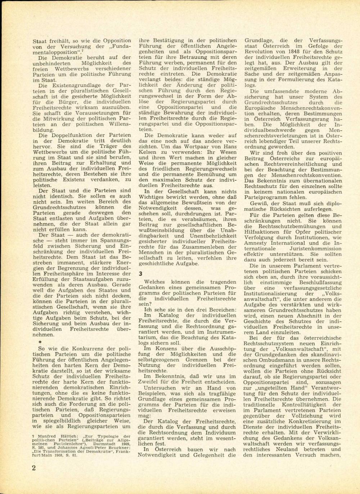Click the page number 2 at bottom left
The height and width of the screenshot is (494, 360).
click(33, 467)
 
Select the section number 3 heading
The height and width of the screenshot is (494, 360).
click(141, 273)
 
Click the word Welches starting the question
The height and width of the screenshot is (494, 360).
click(154, 282)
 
